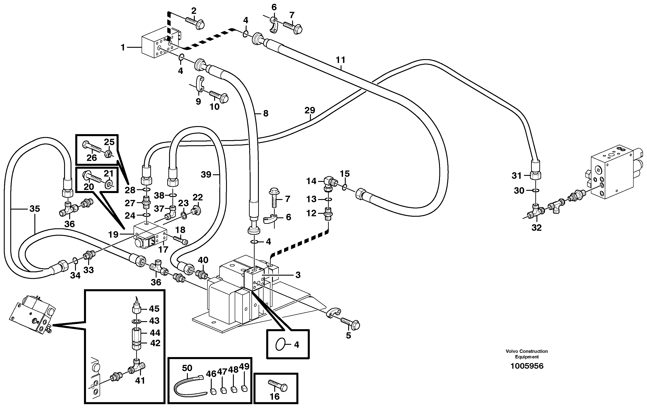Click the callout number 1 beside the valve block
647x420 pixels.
(123, 48)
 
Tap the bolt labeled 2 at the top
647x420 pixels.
(195, 23)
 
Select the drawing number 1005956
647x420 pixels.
(527, 366)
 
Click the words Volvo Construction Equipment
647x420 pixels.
(527, 354)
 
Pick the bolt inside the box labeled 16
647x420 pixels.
(278, 385)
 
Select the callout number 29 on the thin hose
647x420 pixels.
(310, 110)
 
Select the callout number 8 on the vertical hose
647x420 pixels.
(266, 113)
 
